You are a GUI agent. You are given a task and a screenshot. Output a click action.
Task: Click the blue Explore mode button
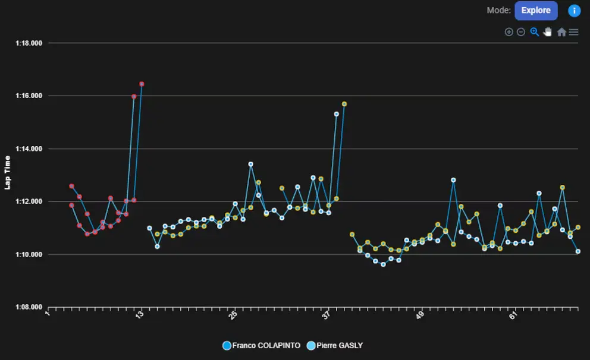[x=536, y=11]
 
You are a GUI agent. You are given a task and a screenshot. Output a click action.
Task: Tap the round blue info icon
[x=574, y=11]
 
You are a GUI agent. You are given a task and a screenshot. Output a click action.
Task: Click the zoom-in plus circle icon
[x=509, y=32]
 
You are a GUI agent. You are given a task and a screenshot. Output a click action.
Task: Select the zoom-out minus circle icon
[x=521, y=32]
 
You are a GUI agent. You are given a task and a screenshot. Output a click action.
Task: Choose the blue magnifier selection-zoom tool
[x=534, y=32]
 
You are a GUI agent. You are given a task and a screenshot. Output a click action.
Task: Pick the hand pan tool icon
[x=548, y=32]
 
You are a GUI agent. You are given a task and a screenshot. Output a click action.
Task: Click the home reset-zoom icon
[x=561, y=32]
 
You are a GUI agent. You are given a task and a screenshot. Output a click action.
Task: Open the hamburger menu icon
[x=574, y=32]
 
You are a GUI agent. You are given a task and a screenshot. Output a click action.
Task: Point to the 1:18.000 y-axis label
[x=29, y=43]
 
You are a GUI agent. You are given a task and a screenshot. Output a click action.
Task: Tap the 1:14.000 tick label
[x=29, y=149]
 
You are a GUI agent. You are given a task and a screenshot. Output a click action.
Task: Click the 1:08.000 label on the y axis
[x=29, y=307]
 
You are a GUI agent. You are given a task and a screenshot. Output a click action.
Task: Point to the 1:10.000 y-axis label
[x=29, y=254]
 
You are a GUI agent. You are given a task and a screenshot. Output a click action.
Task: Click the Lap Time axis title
[x=8, y=172]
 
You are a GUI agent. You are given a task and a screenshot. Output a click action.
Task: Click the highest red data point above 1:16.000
[x=142, y=84]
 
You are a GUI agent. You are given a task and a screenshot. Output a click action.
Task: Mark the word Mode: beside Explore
[x=498, y=11]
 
